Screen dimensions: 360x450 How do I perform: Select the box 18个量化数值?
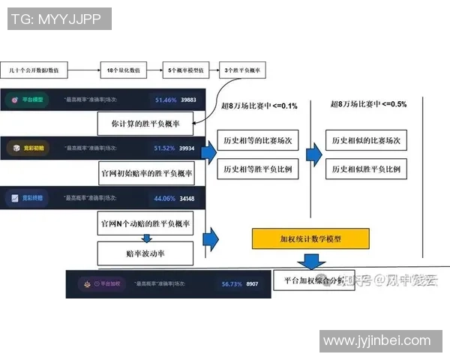coord(124,70)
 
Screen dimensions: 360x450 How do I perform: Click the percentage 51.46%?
coord(165,99)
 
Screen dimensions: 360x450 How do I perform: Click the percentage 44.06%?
coord(165,199)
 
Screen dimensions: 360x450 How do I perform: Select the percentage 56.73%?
coord(232,284)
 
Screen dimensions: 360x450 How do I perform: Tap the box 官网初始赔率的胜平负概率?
coord(147,173)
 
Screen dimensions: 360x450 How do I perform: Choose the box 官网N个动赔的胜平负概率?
coord(145,223)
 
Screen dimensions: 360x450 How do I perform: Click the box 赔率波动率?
coord(145,253)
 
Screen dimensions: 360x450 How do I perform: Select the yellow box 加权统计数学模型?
coord(310,238)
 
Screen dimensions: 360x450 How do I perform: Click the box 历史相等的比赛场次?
coord(258,140)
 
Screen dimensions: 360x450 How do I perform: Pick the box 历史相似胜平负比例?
coord(366,169)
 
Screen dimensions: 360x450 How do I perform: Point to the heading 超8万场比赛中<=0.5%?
coord(367,104)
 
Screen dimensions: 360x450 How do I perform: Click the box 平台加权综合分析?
coord(305,281)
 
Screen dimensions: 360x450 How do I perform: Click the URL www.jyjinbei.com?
coord(376,341)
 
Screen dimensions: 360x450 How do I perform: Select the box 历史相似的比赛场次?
coord(366,140)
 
